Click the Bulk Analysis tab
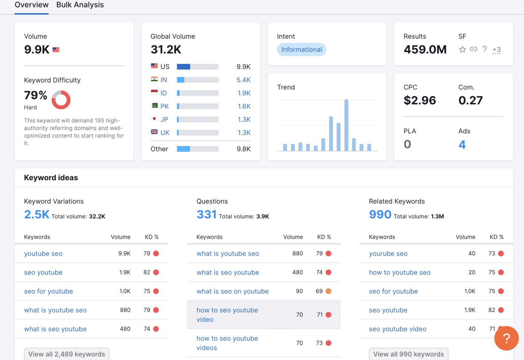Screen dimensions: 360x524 (80, 5)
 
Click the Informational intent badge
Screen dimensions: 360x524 (301, 49)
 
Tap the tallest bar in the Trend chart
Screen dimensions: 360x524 (346, 125)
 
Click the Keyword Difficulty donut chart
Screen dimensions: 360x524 (61, 100)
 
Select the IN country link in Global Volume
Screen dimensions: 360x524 (164, 80)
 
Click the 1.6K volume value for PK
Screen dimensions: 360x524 (244, 106)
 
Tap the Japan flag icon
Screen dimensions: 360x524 (154, 119)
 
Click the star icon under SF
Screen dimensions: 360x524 (462, 49)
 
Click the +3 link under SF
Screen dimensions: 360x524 (496, 50)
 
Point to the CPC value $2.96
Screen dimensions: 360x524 (420, 100)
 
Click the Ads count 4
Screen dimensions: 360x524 (462, 145)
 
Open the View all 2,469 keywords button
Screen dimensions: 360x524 (67, 354)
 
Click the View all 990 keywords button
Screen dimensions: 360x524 (408, 354)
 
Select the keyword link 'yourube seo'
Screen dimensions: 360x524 (388, 254)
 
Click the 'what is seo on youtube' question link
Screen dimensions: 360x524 (232, 291)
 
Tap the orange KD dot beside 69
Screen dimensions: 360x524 (329, 291)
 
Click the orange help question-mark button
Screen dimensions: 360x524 (506, 338)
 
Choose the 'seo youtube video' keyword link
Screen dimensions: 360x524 (397, 329)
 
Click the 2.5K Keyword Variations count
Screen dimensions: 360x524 (37, 215)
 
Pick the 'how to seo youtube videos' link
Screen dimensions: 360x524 (227, 343)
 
